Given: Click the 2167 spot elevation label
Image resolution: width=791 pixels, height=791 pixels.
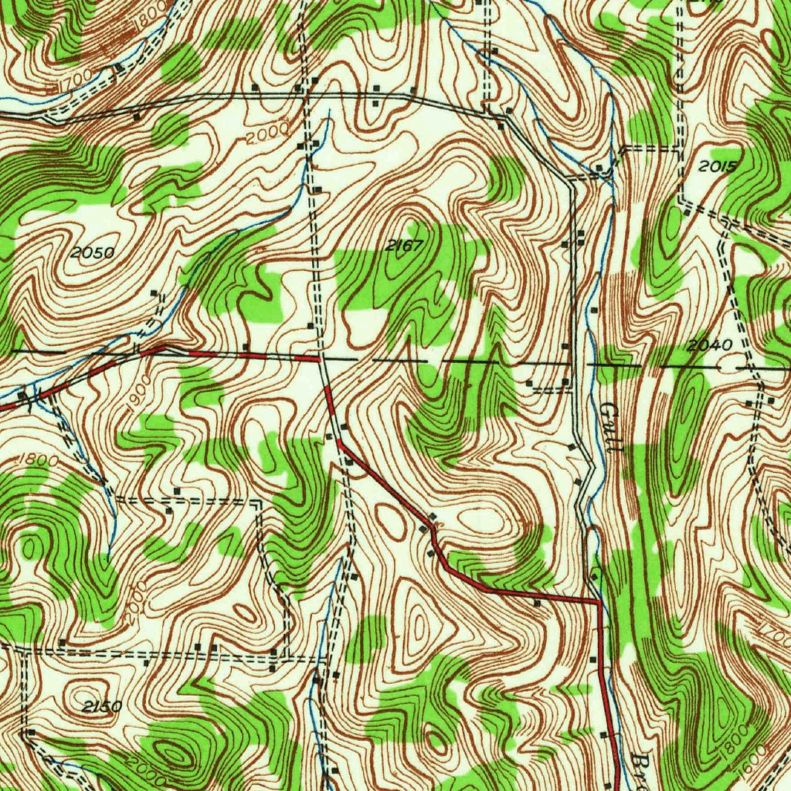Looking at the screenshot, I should tap(405, 246).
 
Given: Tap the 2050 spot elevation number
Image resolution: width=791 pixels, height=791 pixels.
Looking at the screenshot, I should tap(92, 253).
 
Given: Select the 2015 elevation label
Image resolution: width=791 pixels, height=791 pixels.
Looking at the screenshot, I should tap(718, 166).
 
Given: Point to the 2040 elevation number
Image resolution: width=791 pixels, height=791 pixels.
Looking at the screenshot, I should tap(708, 345).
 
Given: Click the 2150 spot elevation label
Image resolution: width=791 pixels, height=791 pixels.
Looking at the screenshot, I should tap(101, 706).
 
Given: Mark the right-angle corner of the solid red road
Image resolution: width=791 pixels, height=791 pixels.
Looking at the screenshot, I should tap(599, 600).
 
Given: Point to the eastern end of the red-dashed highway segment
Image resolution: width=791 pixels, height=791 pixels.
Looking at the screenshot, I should tap(319, 359).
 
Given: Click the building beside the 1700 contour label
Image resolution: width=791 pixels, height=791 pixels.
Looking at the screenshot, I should tap(120, 70).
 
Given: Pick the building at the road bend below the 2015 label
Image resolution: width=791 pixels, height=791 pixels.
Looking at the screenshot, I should tap(686, 210).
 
